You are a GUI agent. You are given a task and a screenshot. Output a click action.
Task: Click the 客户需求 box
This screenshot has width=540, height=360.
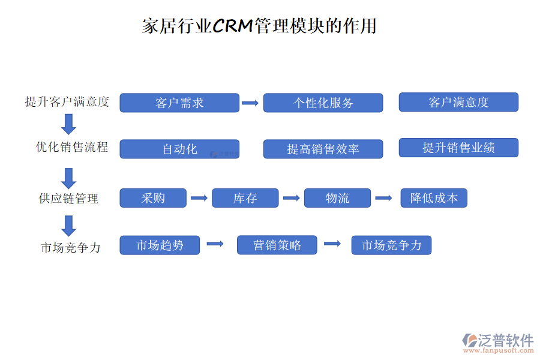[179, 103]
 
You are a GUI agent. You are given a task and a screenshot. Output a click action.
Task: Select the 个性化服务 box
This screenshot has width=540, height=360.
[323, 103]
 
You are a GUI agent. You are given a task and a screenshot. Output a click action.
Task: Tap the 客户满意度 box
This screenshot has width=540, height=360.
[458, 102]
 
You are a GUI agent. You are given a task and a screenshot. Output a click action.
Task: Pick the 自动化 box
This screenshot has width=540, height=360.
[179, 149]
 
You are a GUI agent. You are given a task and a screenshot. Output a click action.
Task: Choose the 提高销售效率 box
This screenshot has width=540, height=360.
[323, 149]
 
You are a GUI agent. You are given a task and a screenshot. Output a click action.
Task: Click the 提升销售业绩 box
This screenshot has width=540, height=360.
[458, 148]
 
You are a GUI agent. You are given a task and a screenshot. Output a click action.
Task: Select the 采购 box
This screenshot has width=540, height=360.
[153, 198]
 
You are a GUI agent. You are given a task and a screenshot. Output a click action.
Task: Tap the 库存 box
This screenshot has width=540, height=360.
[245, 198]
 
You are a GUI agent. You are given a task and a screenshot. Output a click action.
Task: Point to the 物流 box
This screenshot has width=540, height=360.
[337, 198]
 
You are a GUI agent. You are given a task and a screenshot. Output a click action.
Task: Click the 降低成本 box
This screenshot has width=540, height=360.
[434, 198]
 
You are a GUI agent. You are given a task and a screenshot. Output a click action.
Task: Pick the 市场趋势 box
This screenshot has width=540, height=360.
[160, 245]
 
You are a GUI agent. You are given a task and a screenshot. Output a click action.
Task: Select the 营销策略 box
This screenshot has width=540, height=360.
[277, 245]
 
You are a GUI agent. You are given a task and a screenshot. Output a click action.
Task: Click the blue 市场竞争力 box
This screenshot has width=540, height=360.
[391, 245]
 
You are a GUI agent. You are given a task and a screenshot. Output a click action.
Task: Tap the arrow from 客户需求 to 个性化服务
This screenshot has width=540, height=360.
[250, 103]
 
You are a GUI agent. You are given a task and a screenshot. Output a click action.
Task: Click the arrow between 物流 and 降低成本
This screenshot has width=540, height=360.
[383, 198]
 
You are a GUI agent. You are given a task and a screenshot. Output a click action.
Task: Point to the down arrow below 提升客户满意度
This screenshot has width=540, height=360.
[69, 124]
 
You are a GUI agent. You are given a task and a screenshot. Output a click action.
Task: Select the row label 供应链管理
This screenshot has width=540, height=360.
[68, 199]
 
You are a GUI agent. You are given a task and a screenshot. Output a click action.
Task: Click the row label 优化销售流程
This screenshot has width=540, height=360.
[72, 147]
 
